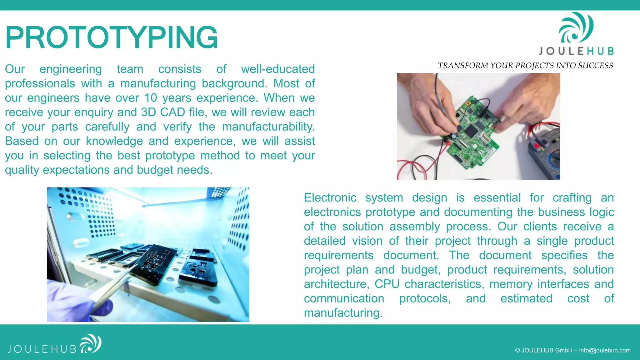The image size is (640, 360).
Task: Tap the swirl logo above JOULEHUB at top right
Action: click(x=576, y=28)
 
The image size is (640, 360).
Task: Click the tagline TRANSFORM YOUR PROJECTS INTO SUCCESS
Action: click(x=525, y=66)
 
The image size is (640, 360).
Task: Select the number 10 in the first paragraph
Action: click(x=151, y=98)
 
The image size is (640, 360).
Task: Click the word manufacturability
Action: click(x=268, y=127)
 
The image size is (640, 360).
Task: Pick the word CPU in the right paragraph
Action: click(x=387, y=284)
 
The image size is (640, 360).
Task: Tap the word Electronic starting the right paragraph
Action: click(x=330, y=198)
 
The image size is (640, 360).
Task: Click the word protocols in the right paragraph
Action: click(x=425, y=298)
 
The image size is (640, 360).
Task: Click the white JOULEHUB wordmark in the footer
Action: click(x=42, y=349)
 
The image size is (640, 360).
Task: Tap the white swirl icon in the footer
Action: click(x=91, y=343)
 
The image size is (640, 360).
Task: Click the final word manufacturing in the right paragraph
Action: click(x=343, y=313)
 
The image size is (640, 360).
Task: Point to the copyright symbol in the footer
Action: click(x=517, y=350)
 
